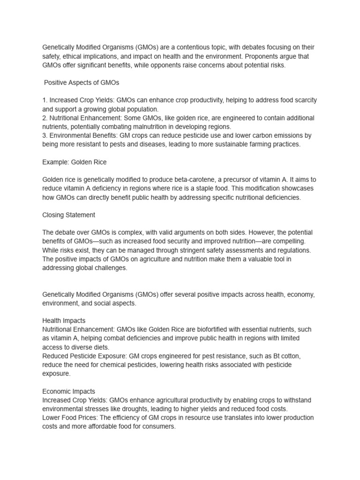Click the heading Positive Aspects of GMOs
click(82, 82)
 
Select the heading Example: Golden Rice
click(75, 162)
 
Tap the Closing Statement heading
click(69, 215)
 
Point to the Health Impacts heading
click(64, 321)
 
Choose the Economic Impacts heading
click(68, 391)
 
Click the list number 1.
click(45, 100)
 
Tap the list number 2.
click(45, 118)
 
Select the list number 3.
click(45, 135)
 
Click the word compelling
click(288, 241)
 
